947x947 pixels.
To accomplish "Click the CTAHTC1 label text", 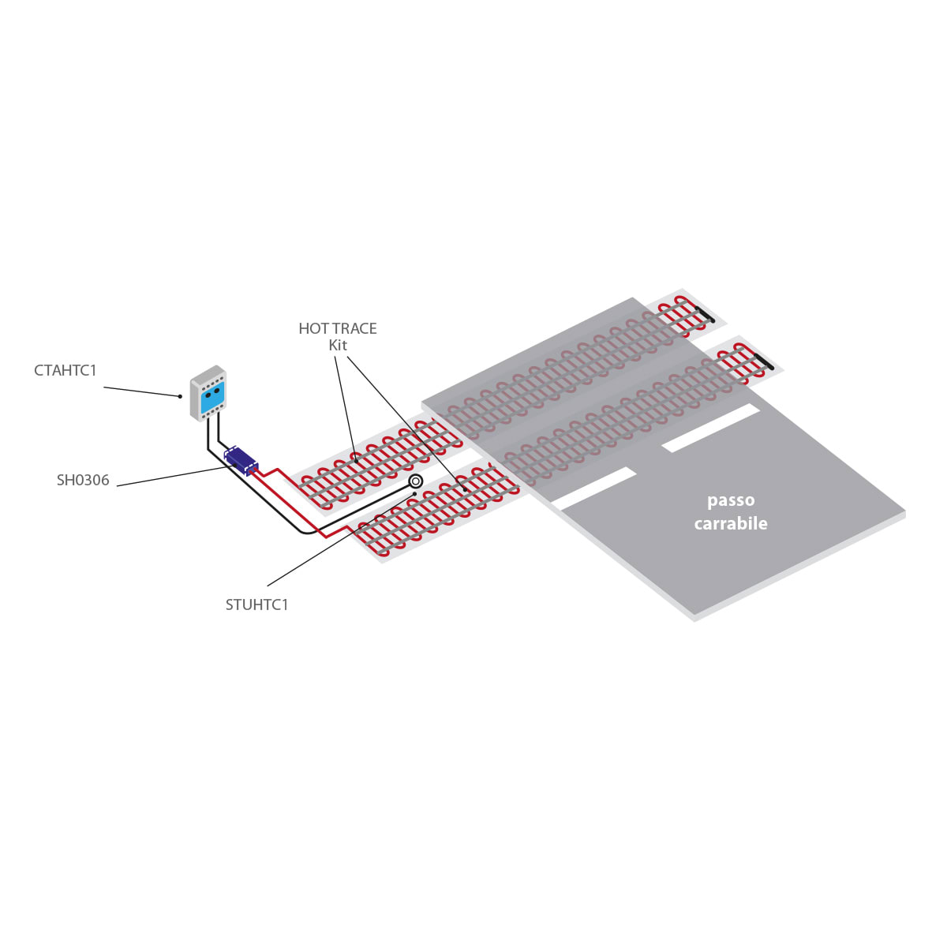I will point(66,370).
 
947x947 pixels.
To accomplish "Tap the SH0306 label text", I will point(83,480).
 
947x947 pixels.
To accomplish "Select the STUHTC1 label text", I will point(257,605).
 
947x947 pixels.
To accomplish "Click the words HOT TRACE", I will point(338,328).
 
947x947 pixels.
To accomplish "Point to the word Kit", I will point(338,346).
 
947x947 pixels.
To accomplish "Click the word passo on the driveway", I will point(731,500).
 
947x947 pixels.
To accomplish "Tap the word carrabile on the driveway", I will point(731,523).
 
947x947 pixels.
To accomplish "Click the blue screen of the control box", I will point(213,398).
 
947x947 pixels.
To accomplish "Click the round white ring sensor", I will point(416,481).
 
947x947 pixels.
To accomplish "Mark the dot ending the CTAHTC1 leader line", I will point(181,395).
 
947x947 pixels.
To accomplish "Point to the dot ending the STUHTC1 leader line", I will point(414,494).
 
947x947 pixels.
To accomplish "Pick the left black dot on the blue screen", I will point(208,395).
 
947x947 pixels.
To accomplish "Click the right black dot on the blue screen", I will point(217,390).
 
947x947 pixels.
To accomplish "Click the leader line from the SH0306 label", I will point(174,475).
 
